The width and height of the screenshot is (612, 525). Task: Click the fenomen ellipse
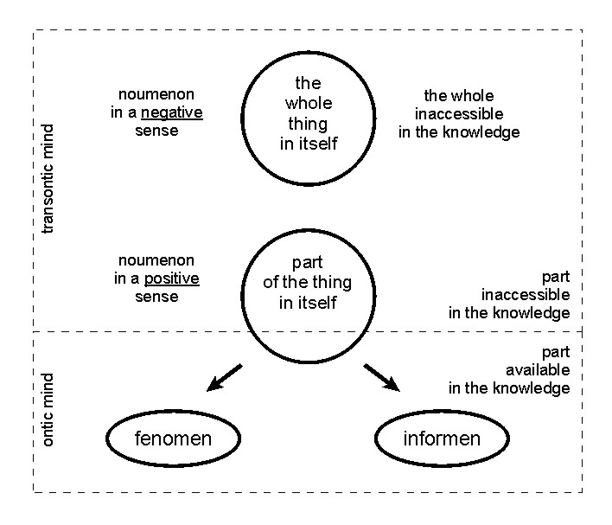point(173,439)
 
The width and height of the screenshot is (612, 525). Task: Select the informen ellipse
point(441,439)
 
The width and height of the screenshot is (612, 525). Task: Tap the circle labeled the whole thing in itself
point(308,113)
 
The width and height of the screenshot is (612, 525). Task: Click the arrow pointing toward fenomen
point(224,378)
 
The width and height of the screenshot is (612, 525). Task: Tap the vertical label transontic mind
point(48,179)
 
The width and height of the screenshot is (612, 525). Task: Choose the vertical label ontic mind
point(48,410)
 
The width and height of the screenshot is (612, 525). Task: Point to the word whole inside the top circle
point(308,103)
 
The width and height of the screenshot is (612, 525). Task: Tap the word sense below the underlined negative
point(156,131)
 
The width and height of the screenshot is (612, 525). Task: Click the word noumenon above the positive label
point(156,260)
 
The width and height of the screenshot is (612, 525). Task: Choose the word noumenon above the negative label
point(156,95)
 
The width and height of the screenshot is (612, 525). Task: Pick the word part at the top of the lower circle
point(308,264)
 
